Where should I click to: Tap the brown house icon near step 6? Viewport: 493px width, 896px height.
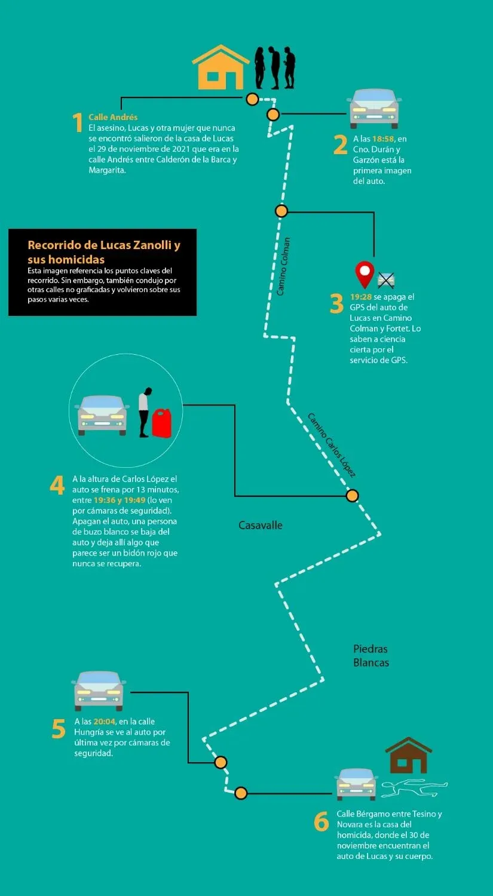(x=408, y=755)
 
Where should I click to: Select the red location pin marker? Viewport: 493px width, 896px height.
(x=365, y=275)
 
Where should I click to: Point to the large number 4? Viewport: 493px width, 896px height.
(x=57, y=485)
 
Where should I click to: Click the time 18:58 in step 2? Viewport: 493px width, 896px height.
(x=383, y=139)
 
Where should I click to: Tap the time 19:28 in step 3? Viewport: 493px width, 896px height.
(x=361, y=297)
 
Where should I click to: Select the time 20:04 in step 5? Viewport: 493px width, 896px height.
(x=104, y=721)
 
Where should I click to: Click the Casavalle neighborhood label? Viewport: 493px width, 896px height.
(x=261, y=525)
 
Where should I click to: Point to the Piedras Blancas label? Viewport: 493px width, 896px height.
(x=371, y=656)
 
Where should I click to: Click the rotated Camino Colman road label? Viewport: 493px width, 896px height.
(x=283, y=266)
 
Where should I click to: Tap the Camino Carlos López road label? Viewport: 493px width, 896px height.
(x=331, y=445)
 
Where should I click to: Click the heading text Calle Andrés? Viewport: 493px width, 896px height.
(x=113, y=117)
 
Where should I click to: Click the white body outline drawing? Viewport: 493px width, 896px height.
(x=414, y=788)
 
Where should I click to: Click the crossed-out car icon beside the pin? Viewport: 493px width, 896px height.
(x=386, y=280)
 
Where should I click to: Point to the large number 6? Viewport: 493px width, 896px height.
(x=321, y=821)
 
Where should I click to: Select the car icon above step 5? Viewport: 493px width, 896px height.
(x=99, y=691)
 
